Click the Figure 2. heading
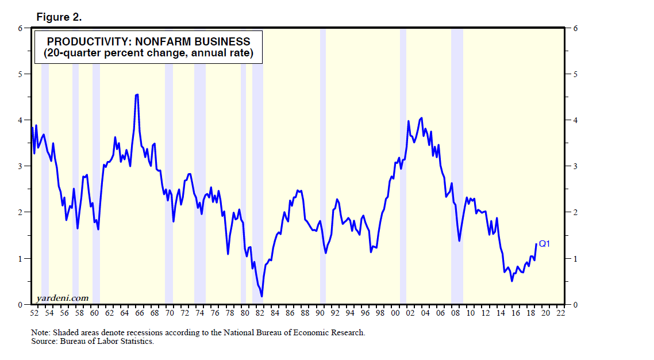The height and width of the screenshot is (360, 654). [x=59, y=17]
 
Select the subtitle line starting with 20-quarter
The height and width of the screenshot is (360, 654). [x=148, y=54]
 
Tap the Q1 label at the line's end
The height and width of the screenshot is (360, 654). [x=544, y=244]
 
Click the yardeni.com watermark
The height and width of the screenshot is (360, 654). [x=62, y=297]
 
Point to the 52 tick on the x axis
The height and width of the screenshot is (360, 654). [x=34, y=313]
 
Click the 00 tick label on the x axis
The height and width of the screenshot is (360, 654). [x=395, y=313]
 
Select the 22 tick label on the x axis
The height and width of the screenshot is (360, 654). [x=560, y=313]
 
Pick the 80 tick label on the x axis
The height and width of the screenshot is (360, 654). [x=245, y=313]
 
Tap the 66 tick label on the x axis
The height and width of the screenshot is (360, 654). [x=140, y=313]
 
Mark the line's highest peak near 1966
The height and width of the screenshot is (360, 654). [x=136, y=95]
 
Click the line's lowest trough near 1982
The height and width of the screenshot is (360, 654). [x=262, y=296]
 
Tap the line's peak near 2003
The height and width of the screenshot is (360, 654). [x=422, y=118]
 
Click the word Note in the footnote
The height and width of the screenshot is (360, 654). [x=40, y=332]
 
